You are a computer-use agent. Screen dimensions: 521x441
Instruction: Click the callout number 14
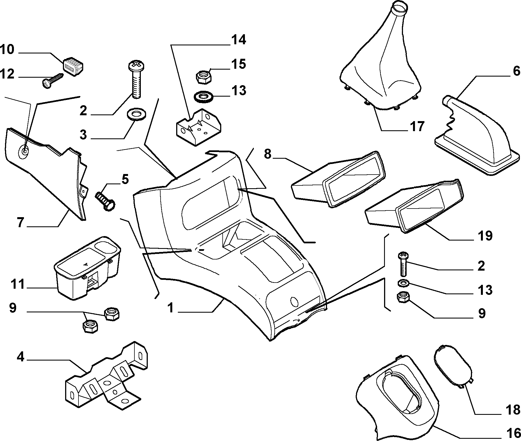click(238, 40)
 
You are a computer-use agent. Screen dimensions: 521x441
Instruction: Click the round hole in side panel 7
click(24, 151)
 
